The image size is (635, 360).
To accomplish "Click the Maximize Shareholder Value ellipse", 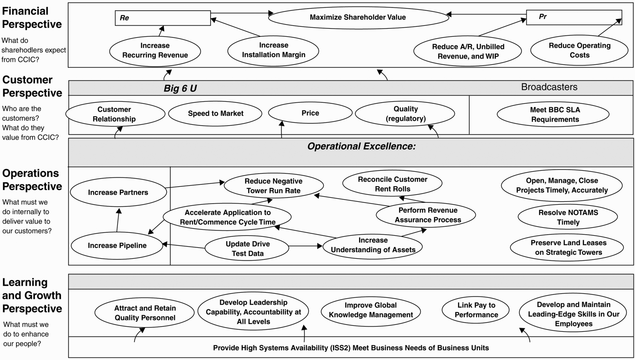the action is pyautogui.click(x=358, y=17).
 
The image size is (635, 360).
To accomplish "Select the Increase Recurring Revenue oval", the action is pyautogui.click(x=155, y=51).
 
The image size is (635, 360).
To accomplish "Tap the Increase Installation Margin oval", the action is pyautogui.click(x=273, y=50).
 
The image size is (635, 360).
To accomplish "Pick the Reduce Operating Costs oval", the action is pyautogui.click(x=579, y=50).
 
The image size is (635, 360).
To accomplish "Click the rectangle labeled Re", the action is pyautogui.click(x=163, y=18).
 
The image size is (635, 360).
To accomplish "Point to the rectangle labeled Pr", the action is pyautogui.click(x=574, y=17).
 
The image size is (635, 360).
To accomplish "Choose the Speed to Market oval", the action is pyautogui.click(x=215, y=113).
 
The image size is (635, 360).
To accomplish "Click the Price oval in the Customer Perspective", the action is pyautogui.click(x=310, y=113).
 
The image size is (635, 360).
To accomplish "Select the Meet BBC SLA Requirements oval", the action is pyautogui.click(x=553, y=114).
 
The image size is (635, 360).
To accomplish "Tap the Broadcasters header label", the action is pyautogui.click(x=549, y=87).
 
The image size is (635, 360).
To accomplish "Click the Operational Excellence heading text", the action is pyautogui.click(x=361, y=146).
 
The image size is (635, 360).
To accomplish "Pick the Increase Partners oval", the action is pyautogui.click(x=118, y=192).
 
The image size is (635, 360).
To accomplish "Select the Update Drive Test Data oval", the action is pyautogui.click(x=247, y=248).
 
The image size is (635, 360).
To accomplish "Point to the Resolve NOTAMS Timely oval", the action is pyautogui.click(x=568, y=217).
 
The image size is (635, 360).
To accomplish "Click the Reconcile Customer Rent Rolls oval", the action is pyautogui.click(x=392, y=184).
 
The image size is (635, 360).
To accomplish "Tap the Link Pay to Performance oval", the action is pyautogui.click(x=476, y=310).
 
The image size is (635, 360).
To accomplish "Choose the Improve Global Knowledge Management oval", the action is pyautogui.click(x=371, y=310).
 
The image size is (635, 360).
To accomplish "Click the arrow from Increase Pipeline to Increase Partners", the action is pyautogui.click(x=118, y=220).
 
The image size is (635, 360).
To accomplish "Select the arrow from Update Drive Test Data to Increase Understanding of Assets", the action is pyautogui.click(x=306, y=246).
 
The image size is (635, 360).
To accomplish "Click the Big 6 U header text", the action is pyautogui.click(x=180, y=88).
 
